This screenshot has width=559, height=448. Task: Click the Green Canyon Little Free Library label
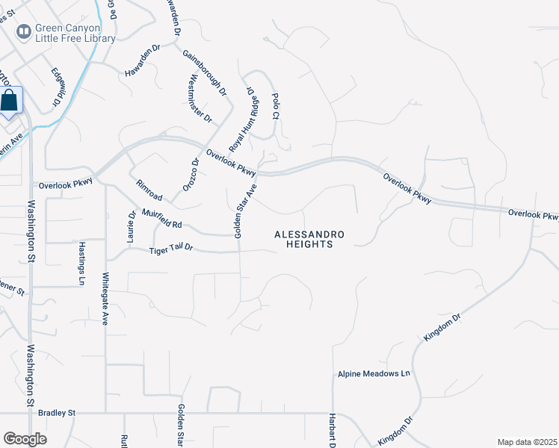click(x=75, y=33)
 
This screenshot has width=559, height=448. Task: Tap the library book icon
click(x=24, y=31)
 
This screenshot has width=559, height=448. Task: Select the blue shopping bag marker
click(x=10, y=101)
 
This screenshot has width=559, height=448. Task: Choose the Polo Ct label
click(x=275, y=106)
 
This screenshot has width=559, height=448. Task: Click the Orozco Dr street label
click(x=192, y=175)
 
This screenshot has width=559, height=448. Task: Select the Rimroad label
click(x=149, y=190)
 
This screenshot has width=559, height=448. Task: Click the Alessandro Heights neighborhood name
click(x=309, y=239)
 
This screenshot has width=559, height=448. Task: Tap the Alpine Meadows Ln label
click(x=374, y=373)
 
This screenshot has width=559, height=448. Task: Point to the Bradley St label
click(x=58, y=412)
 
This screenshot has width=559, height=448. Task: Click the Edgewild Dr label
click(x=58, y=87)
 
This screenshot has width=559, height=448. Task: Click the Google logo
click(x=25, y=438)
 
